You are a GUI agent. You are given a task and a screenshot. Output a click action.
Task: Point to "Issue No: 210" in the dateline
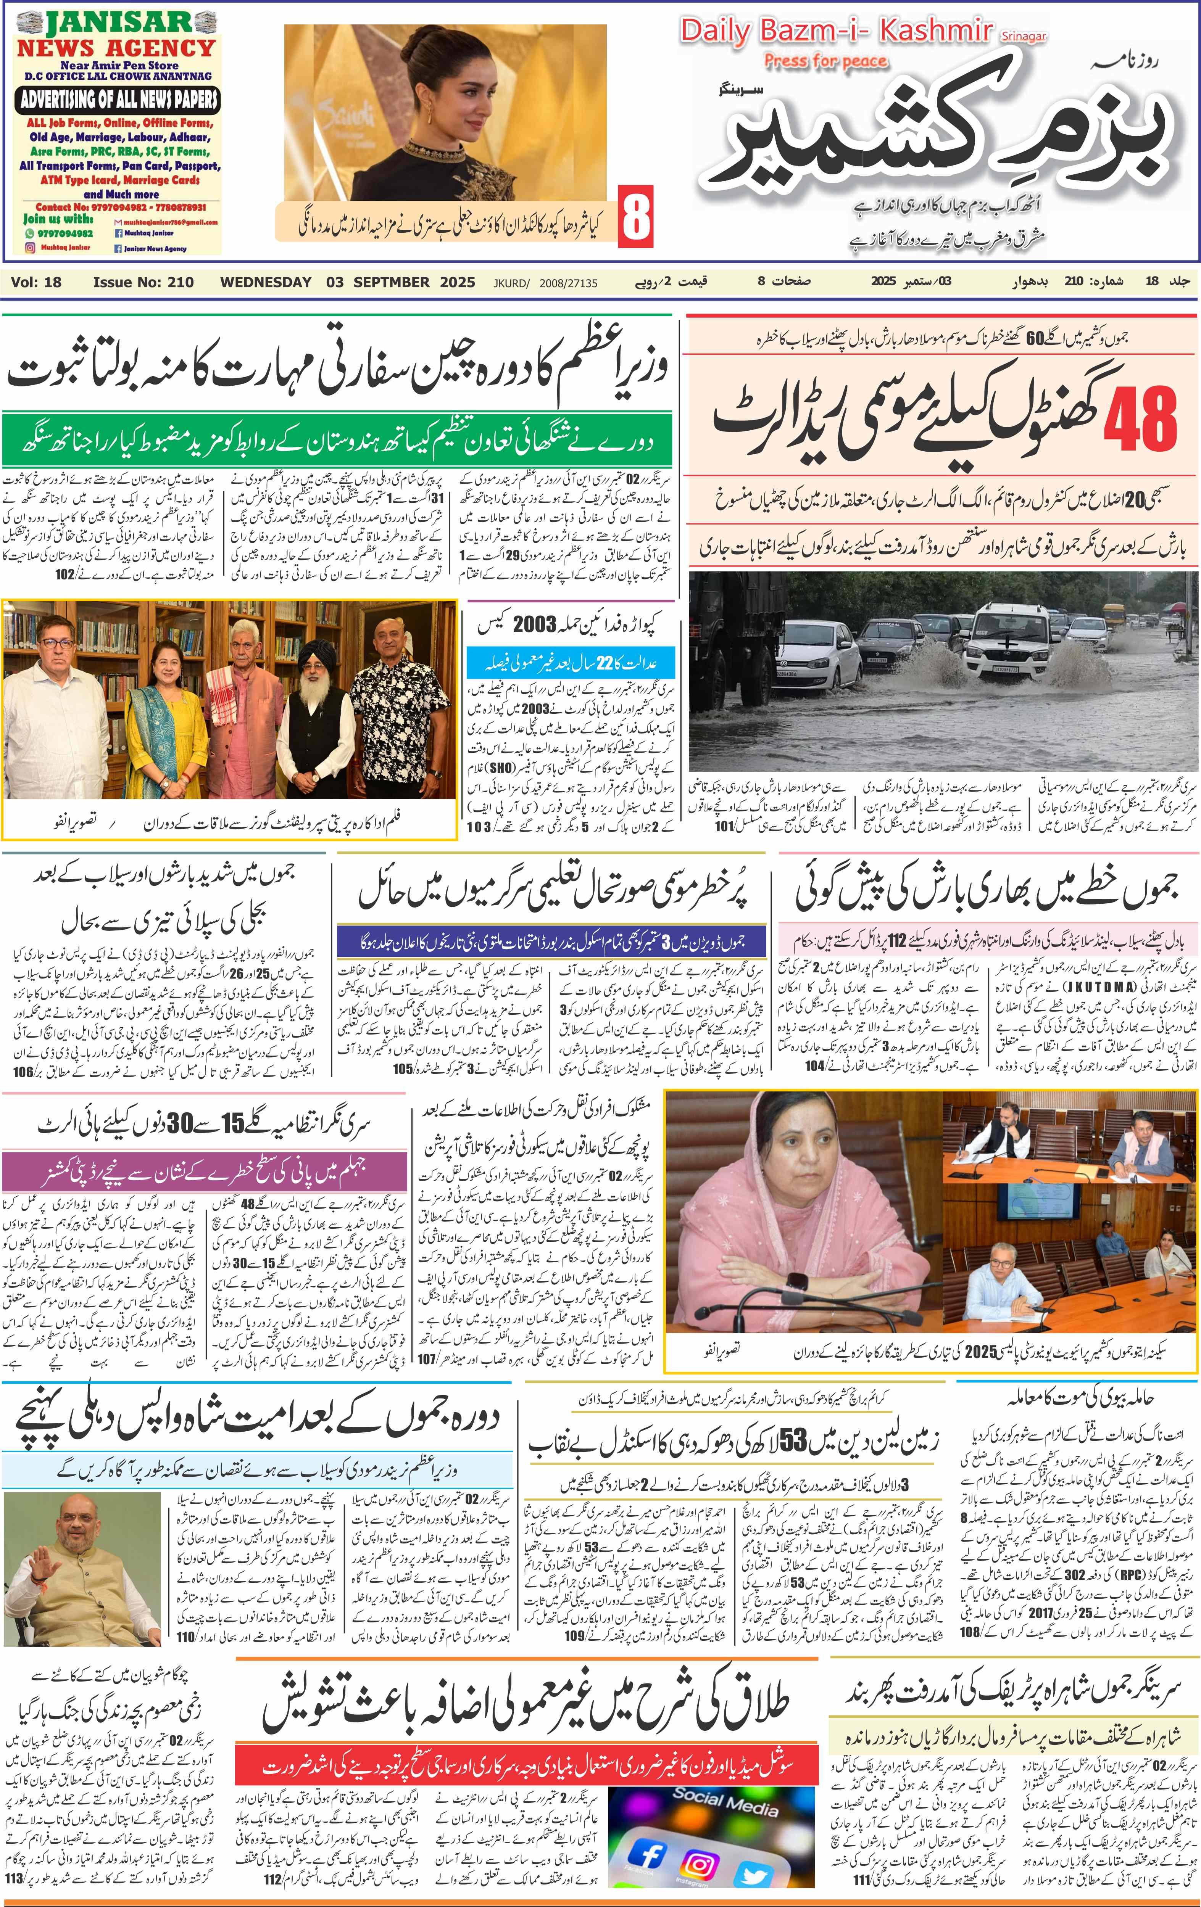click(x=143, y=282)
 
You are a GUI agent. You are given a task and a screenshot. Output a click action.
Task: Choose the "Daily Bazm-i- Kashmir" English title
click(x=836, y=32)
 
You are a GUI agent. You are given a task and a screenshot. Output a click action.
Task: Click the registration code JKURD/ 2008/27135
click(x=545, y=283)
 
